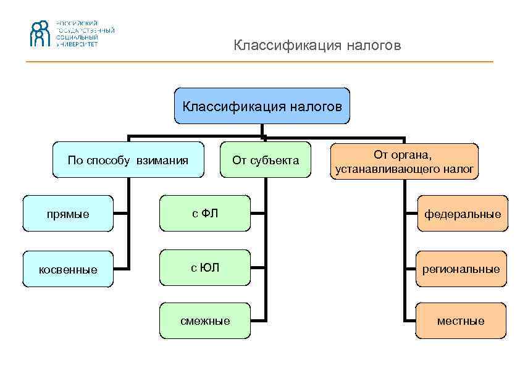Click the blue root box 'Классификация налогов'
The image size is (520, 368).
click(x=262, y=106)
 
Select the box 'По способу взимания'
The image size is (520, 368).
click(x=128, y=161)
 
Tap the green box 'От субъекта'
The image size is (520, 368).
click(x=266, y=161)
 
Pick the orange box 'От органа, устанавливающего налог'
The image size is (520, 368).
click(x=405, y=161)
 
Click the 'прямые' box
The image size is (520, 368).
click(x=68, y=214)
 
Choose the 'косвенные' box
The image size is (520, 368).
click(x=68, y=269)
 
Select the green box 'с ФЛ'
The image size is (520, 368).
click(x=205, y=214)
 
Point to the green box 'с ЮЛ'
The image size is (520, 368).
click(x=205, y=267)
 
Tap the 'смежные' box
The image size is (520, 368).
click(x=205, y=320)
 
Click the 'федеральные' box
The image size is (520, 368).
click(x=462, y=214)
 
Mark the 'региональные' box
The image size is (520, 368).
click(x=461, y=269)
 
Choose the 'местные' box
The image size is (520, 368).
click(x=461, y=320)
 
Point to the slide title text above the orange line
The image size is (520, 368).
click(x=317, y=46)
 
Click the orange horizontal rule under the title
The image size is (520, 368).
click(x=259, y=62)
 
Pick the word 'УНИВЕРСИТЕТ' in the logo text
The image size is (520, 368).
click(x=77, y=44)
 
